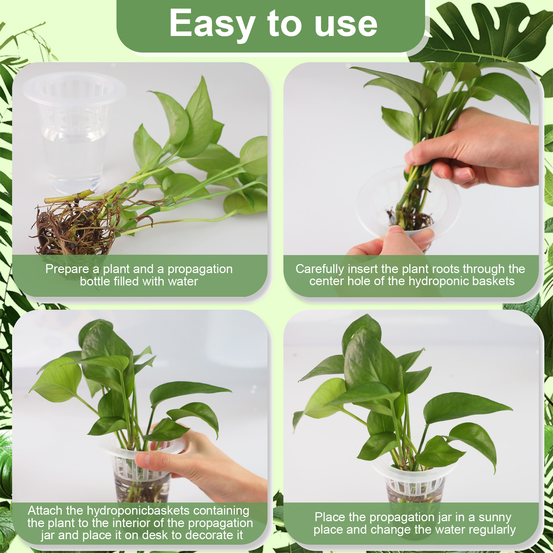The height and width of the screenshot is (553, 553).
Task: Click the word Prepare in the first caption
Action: point(67,269)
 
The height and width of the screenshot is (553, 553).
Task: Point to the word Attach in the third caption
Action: point(45,510)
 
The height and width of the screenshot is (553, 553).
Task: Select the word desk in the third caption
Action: point(155,535)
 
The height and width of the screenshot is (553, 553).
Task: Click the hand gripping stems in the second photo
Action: point(477,149)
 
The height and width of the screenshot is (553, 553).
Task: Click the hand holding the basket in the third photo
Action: point(204,467)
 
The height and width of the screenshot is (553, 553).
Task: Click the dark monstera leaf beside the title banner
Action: point(484,31)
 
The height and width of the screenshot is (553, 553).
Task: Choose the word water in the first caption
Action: point(183,282)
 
